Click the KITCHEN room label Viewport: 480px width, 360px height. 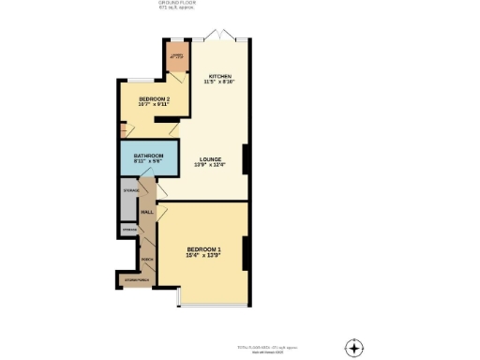219,75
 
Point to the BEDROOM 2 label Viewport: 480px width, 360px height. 154,98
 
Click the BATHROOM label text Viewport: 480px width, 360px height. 148,155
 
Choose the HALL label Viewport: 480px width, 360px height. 147,212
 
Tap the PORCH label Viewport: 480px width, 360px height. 147,260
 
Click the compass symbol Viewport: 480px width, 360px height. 353,348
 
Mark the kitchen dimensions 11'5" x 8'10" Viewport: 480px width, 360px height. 219,82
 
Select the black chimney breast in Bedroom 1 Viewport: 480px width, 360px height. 246,251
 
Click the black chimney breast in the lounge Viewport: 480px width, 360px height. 246,159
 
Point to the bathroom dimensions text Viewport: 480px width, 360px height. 148,161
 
